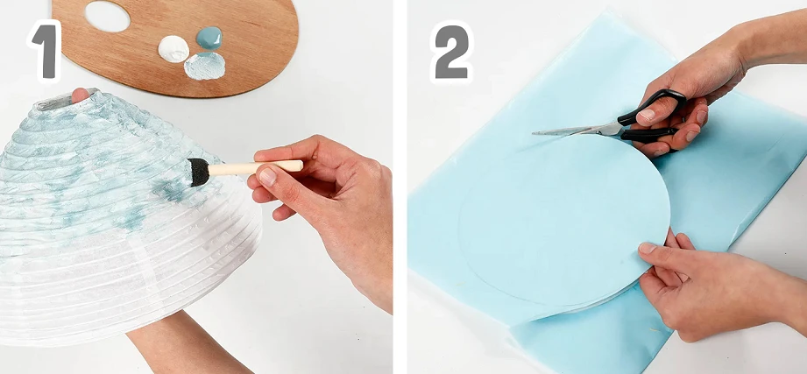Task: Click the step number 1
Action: point(46,52)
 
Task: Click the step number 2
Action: point(451,52)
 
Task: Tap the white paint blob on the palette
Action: point(173,49)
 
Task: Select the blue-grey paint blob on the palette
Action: point(209,38)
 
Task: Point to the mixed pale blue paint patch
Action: point(204,66)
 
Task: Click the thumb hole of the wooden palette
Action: point(108,16)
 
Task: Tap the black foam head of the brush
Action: point(199,172)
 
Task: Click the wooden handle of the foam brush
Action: point(256,167)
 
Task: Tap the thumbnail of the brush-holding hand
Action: point(267,176)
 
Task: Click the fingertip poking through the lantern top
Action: point(80,94)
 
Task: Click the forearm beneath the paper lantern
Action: point(185,345)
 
